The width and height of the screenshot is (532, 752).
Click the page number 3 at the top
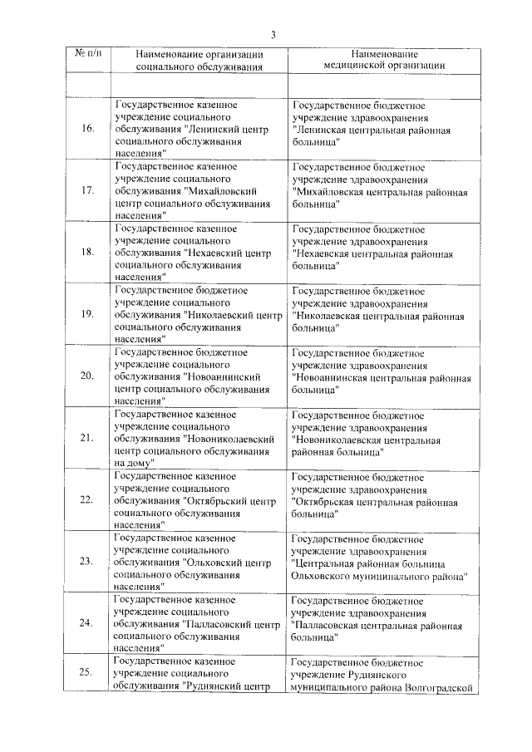click(x=272, y=34)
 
